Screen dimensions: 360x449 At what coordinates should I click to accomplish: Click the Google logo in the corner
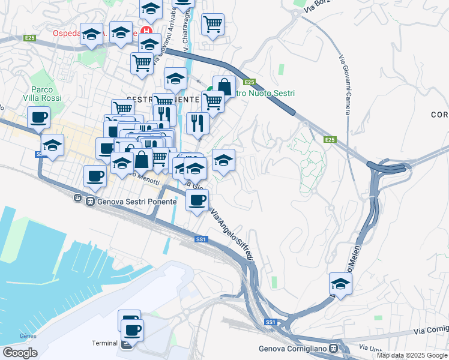(x=20, y=352)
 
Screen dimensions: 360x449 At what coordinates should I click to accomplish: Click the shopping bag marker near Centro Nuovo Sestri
(x=224, y=86)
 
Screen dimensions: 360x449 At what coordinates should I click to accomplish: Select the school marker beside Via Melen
(x=340, y=284)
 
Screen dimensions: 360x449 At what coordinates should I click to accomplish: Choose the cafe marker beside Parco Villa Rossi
(x=39, y=117)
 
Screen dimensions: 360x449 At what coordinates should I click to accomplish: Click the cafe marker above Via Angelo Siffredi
(x=197, y=200)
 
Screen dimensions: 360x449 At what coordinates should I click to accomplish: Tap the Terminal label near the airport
(x=104, y=343)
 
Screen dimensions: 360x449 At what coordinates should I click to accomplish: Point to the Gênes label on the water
(x=28, y=335)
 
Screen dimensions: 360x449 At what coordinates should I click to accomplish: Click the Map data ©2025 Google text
(x=412, y=355)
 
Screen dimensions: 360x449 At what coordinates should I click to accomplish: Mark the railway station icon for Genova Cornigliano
(x=340, y=349)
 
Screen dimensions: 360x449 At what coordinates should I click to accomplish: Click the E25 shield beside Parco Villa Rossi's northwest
(x=30, y=38)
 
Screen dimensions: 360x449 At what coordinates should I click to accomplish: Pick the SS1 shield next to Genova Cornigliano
(x=270, y=322)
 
